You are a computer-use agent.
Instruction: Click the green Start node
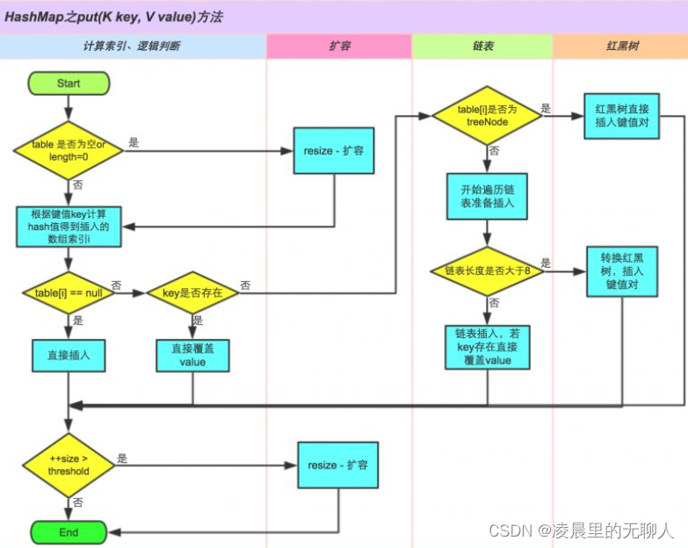[x=69, y=83]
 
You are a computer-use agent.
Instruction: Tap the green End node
[x=69, y=532]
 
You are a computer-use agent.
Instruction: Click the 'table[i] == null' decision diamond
[x=69, y=292]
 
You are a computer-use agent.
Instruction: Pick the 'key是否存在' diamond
[x=192, y=292]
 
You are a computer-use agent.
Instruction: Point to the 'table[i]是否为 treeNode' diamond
[x=487, y=116]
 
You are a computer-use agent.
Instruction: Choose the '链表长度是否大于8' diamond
[x=487, y=270]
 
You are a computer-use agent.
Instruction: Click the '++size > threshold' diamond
[x=69, y=465]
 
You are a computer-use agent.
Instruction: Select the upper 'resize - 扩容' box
[x=334, y=151]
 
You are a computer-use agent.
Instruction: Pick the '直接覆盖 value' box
[x=192, y=356]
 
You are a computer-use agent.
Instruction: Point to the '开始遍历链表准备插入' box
[x=487, y=197]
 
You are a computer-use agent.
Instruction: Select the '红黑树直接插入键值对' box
[x=622, y=116]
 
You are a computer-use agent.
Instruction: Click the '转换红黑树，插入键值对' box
[x=622, y=270]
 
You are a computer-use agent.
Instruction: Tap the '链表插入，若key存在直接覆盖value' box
[x=487, y=349]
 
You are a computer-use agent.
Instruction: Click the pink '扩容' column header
[x=339, y=46]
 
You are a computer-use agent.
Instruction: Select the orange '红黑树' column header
[x=620, y=46]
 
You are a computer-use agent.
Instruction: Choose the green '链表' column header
[x=482, y=46]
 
